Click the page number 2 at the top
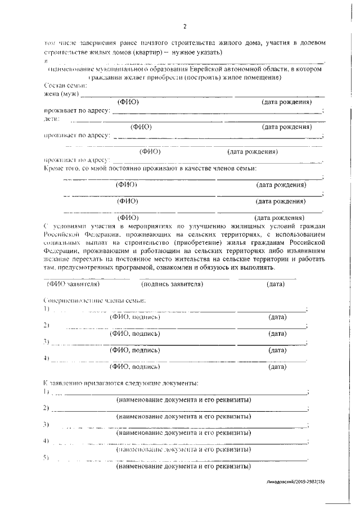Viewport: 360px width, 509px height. click(x=184, y=26)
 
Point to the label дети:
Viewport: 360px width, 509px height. click(x=52, y=119)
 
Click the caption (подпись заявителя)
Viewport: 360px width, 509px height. click(x=172, y=284)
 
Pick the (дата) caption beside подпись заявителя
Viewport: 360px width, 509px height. click(x=276, y=284)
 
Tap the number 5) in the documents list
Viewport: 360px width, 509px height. click(x=46, y=458)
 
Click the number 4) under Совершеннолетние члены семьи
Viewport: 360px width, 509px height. click(x=46, y=358)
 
